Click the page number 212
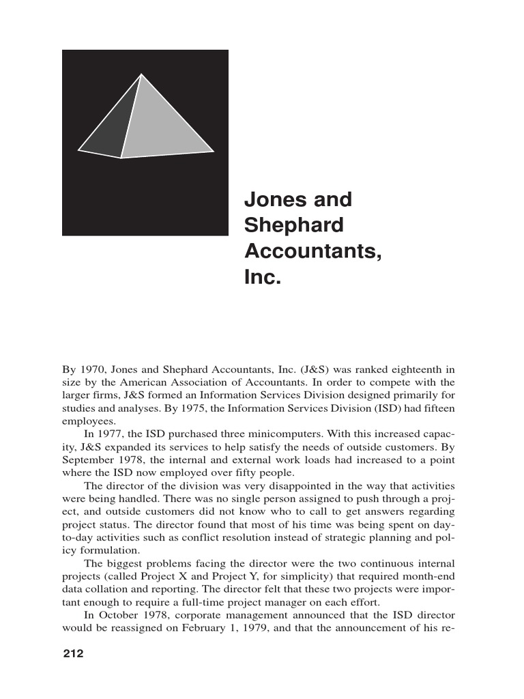pyautogui.click(x=72, y=654)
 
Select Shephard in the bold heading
pyautogui.click(x=294, y=226)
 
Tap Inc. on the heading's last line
pyautogui.click(x=263, y=278)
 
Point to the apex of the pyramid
pyautogui.click(x=141, y=74)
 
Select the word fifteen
pyautogui.click(x=438, y=409)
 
